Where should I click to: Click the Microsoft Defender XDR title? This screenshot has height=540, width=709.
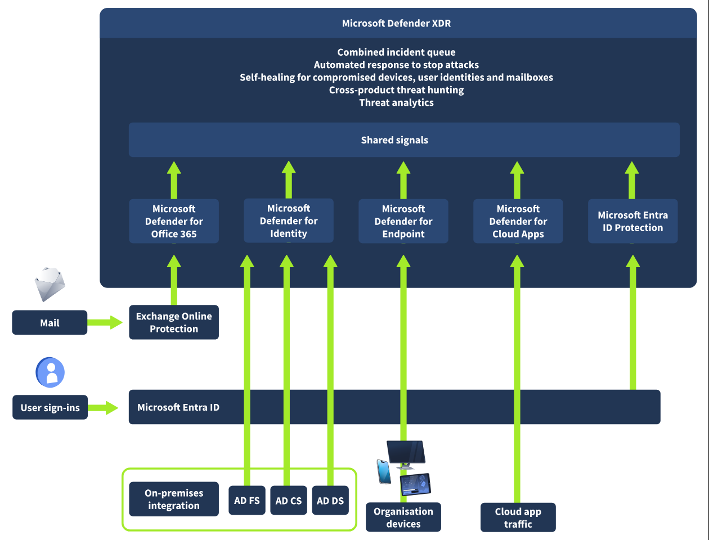396,24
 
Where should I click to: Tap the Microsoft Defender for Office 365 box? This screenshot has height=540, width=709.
174,221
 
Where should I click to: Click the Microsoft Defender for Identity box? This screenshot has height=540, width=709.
288,220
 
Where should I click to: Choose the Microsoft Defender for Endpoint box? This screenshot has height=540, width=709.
403,221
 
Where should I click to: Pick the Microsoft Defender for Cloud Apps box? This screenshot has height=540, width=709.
518,221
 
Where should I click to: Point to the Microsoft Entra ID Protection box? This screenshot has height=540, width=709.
632,221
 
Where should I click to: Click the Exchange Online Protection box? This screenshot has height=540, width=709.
174,322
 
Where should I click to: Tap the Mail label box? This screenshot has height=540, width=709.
50,323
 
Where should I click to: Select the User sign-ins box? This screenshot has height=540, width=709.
50,408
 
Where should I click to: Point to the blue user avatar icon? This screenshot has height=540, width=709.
51,372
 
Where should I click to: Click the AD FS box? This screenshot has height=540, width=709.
246,501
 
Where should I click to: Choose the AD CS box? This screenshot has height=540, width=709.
288,501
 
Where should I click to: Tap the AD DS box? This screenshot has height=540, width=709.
330,501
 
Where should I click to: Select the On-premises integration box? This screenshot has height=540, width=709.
173,499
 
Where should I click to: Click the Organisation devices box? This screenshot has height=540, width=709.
403,517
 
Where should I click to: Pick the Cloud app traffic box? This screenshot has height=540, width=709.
518,517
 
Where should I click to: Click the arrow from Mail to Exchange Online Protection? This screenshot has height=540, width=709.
105,322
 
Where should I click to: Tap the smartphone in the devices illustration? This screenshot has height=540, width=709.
384,471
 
